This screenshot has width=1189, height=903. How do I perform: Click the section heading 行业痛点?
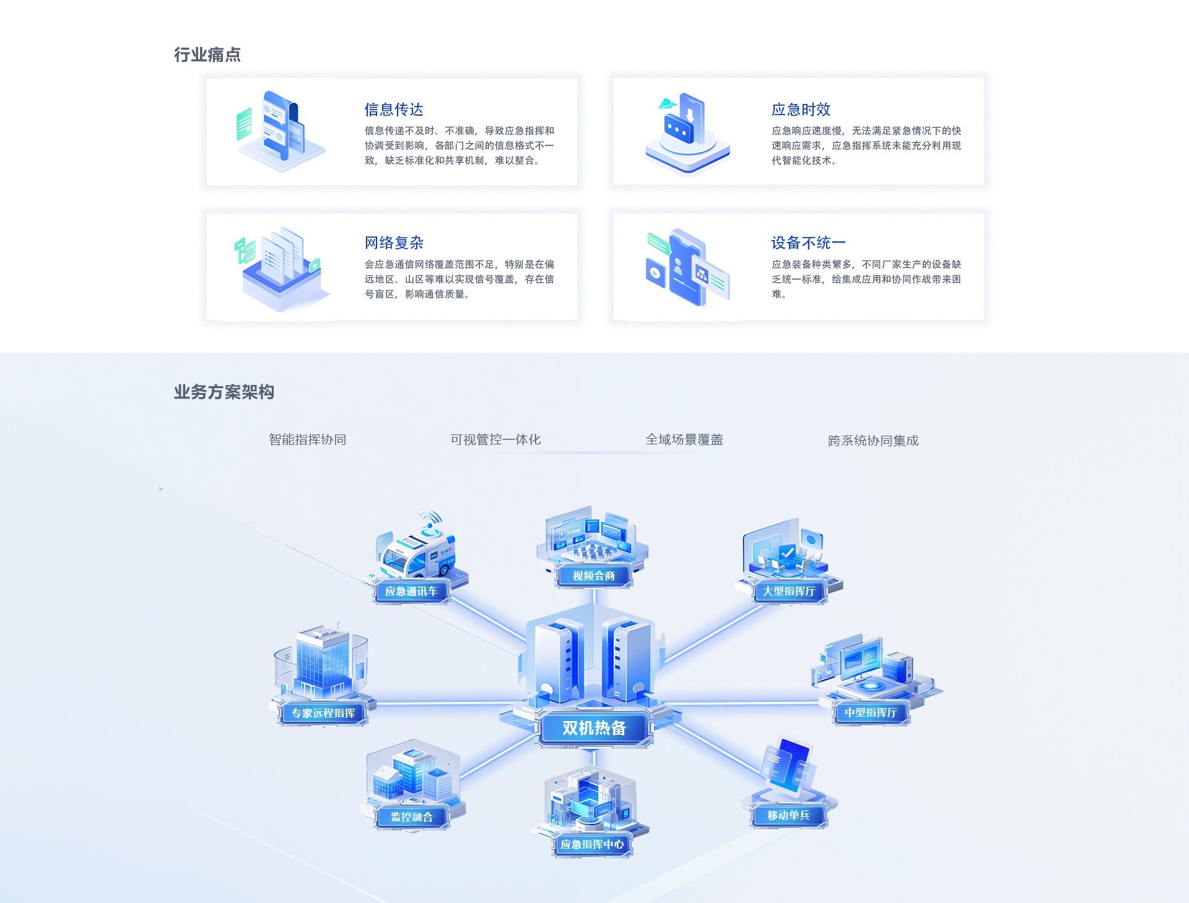207,54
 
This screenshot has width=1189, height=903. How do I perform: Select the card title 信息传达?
394,110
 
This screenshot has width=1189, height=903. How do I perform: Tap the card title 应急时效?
801,110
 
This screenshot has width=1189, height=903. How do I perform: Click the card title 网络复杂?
394,243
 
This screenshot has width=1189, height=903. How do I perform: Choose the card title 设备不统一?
808,243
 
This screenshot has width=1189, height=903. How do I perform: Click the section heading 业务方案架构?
224,392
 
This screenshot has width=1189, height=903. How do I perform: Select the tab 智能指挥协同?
307,439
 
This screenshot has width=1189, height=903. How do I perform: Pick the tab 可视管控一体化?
495,439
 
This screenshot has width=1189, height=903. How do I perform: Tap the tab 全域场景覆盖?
684,439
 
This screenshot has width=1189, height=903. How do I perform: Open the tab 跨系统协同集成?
873,441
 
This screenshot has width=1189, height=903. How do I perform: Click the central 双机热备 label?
594,728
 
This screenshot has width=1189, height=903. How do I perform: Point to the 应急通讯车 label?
411,592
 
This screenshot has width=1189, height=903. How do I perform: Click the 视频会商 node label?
594,576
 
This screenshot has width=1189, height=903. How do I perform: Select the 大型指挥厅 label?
789,592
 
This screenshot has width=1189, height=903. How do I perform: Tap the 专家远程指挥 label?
323,713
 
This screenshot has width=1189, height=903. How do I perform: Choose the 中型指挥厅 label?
871,713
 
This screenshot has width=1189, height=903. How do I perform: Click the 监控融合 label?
411,817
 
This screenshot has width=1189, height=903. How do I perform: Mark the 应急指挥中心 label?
592,845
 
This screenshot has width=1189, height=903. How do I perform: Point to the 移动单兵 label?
788,816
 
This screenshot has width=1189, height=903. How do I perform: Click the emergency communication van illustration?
418,548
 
